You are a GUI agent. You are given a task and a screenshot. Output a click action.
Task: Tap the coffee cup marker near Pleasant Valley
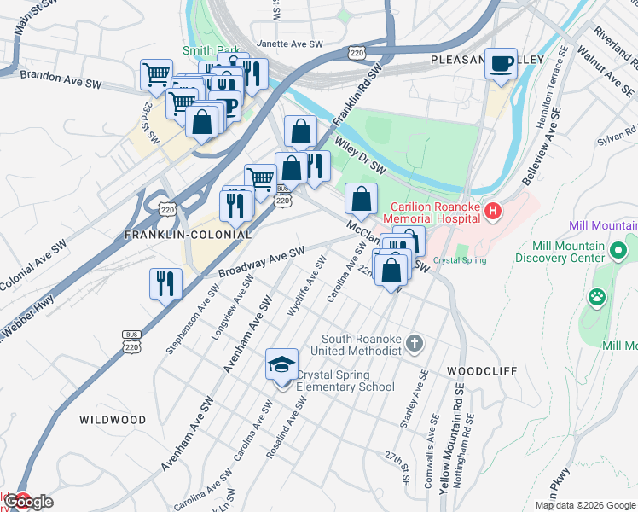coord(502,63)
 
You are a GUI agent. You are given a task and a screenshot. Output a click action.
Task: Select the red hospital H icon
coord(491,209)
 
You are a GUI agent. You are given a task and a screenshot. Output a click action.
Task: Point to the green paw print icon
coord(596,298)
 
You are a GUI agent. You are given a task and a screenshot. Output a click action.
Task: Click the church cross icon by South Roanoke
coord(414,343)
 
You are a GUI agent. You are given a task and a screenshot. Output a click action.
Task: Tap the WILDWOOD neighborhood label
coord(113,420)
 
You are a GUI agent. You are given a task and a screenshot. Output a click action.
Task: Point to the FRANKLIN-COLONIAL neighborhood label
coord(188,234)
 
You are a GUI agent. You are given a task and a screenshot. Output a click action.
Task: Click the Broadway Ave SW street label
coord(261,262)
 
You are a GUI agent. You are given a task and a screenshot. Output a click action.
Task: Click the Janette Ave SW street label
coord(291,44)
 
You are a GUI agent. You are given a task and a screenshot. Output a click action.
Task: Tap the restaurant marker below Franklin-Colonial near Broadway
coord(165,282)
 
